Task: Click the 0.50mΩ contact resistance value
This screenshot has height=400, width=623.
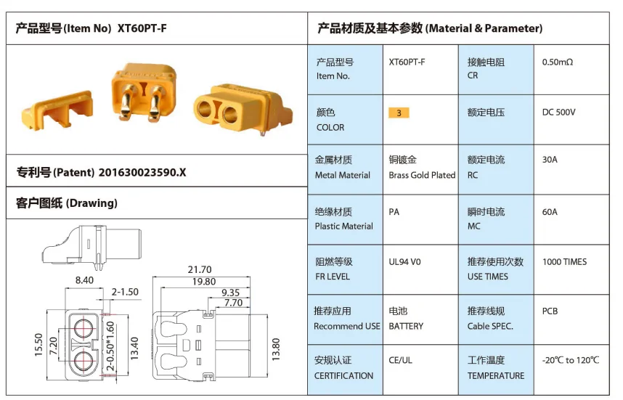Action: (558, 62)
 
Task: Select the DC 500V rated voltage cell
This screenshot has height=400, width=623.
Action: (558, 113)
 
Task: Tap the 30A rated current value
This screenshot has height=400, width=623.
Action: (550, 160)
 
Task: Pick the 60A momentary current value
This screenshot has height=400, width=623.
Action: (550, 212)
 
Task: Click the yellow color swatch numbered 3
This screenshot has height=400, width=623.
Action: (399, 113)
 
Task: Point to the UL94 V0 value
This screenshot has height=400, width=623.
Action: (404, 262)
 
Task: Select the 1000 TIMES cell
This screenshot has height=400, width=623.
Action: (564, 262)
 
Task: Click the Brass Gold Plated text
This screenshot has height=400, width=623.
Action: (422, 175)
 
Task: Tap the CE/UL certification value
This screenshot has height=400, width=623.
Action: (401, 360)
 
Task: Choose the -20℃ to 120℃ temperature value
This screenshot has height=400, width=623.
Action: (571, 360)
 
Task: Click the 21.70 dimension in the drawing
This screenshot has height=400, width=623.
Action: (200, 270)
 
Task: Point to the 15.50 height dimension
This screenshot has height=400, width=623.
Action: (38, 344)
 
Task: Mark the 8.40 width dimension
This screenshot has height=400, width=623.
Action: (84, 280)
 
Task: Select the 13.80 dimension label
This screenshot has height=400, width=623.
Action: (276, 350)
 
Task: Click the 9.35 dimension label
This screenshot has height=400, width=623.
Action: (230, 293)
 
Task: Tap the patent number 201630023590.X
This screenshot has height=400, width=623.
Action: (142, 172)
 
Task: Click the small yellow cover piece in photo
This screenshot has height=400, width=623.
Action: (57, 110)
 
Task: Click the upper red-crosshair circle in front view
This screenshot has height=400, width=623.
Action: (84, 329)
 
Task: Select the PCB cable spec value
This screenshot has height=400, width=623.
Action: (550, 311)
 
